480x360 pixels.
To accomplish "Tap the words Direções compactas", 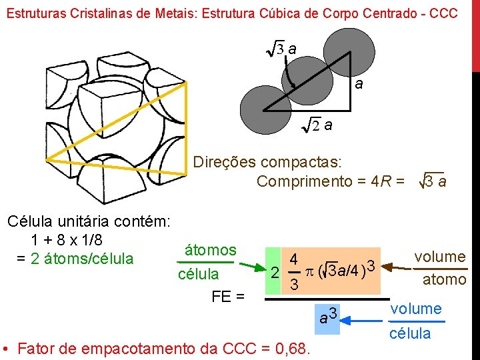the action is point(267,162).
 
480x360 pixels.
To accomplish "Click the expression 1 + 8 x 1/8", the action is point(71,239).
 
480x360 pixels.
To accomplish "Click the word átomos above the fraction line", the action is point(210,250).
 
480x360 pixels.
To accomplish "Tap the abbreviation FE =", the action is point(227,296).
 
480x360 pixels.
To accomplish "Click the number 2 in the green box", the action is point(273,274).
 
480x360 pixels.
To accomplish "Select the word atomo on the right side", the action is point(444,280).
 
